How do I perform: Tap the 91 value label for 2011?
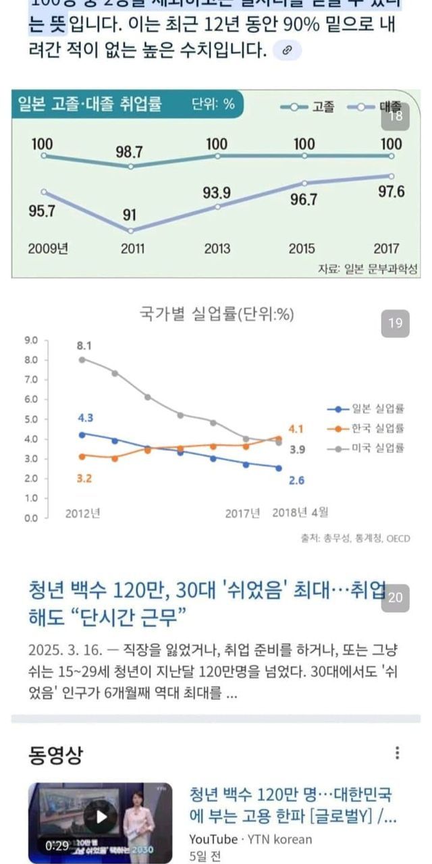coord(130,216)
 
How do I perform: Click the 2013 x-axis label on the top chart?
coord(217,249)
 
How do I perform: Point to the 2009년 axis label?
coord(48,249)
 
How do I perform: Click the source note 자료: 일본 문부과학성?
coord(368,269)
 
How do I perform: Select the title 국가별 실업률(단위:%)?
coord(216,314)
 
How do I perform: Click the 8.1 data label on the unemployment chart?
coord(84,346)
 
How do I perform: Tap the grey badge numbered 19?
coord(396,323)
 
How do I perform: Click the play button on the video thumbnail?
coord(101,817)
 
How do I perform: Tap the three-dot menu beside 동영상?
coord(398,753)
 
